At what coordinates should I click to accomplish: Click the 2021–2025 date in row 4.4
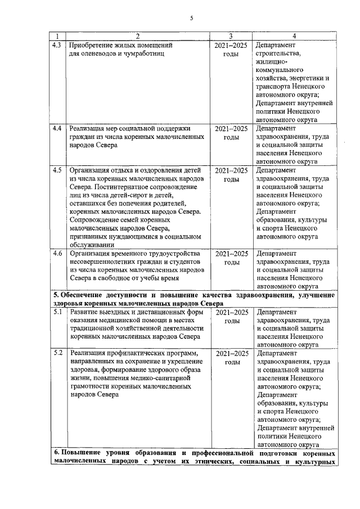[231, 129]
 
